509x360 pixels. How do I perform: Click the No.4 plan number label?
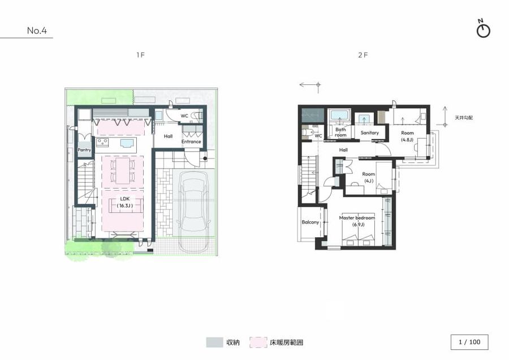37,31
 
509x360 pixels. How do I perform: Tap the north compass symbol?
483,29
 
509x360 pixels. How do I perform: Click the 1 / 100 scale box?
469,342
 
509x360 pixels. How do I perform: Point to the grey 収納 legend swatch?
214,342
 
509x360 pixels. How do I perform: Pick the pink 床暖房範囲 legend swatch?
260,342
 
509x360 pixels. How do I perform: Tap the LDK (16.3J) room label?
124,203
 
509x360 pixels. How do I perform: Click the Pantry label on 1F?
84,150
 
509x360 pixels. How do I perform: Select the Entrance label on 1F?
191,142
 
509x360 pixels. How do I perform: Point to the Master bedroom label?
357,221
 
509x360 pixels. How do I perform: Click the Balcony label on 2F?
310,222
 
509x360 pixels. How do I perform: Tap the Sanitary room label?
369,133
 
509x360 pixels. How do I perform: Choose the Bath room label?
340,132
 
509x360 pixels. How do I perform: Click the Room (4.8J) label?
408,135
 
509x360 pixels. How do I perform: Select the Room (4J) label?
369,177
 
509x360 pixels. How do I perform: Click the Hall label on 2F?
343,149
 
